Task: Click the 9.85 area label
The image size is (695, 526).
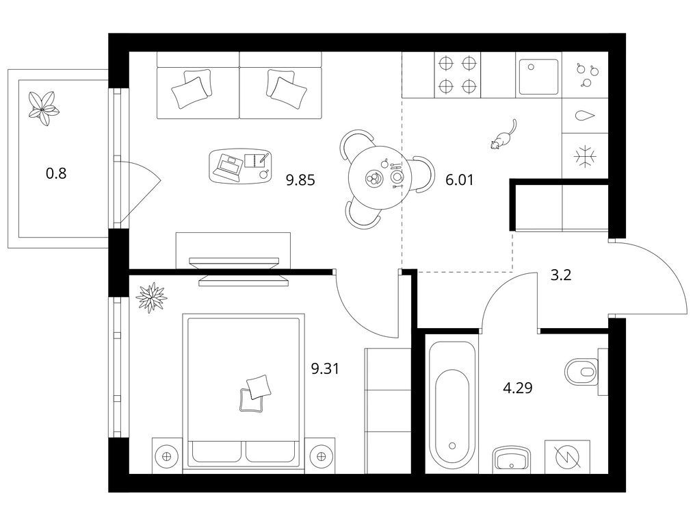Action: (x=300, y=180)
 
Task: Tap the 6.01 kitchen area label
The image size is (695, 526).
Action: (x=460, y=179)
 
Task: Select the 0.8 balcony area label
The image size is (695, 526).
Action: (x=56, y=173)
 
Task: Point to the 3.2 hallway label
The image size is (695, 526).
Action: (x=561, y=275)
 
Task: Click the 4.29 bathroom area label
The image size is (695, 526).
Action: (x=518, y=388)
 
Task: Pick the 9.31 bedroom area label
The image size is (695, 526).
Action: (x=325, y=368)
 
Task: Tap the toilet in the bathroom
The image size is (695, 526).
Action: (x=581, y=371)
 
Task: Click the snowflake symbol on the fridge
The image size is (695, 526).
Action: (x=586, y=157)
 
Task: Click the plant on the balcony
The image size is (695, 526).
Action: (x=43, y=109)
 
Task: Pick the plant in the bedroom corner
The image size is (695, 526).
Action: (x=151, y=297)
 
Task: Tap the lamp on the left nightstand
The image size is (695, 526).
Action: (x=167, y=456)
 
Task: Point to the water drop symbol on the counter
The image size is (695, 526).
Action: (x=585, y=116)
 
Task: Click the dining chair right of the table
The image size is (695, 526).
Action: (x=423, y=175)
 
